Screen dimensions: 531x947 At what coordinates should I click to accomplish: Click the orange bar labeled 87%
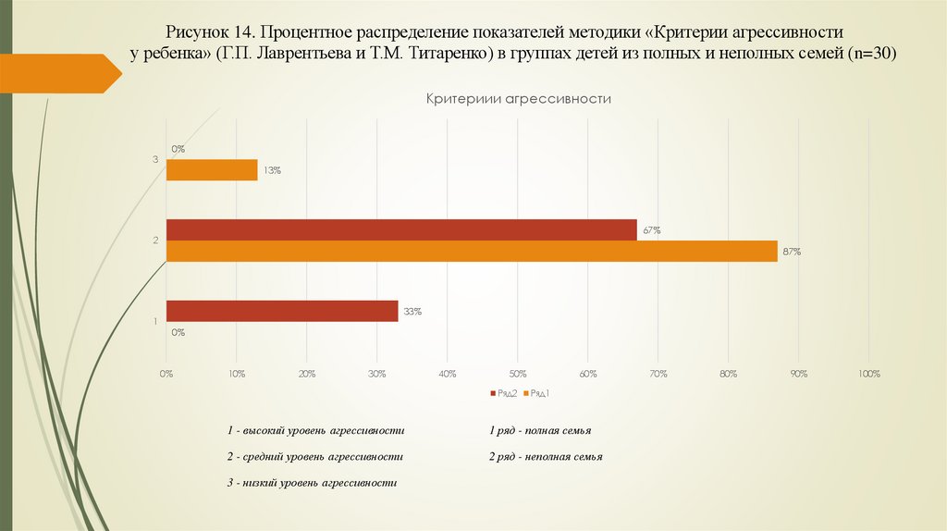[472, 252]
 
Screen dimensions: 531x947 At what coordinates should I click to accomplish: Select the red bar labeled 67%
[401, 230]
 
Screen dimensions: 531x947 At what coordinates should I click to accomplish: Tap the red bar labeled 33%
[282, 312]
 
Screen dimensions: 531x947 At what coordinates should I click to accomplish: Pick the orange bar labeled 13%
[212, 170]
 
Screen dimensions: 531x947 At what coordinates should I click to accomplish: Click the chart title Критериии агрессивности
[519, 98]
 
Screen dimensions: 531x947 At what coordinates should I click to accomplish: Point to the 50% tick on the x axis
[518, 374]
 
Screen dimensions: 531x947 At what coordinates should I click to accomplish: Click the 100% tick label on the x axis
[869, 374]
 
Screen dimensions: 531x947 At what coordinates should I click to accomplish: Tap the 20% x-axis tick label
[307, 374]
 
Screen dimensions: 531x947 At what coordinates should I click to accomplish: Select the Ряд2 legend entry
[505, 394]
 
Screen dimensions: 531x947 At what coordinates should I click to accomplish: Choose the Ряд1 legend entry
[538, 394]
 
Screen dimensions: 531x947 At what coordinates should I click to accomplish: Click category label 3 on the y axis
[155, 160]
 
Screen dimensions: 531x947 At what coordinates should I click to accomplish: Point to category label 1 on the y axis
[155, 322]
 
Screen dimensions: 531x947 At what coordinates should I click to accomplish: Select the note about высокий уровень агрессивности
[316, 431]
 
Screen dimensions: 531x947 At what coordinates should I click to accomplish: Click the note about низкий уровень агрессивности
[312, 483]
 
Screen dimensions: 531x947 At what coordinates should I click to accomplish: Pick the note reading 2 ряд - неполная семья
[546, 457]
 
